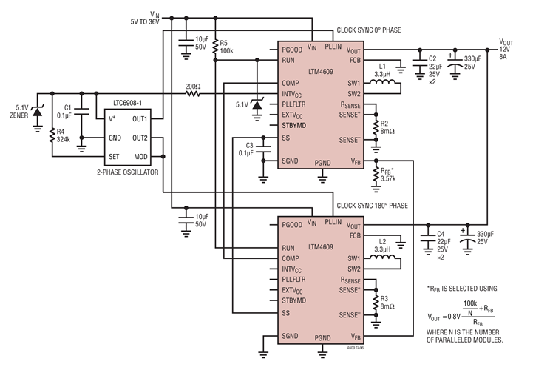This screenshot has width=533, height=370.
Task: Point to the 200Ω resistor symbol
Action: (x=194, y=94)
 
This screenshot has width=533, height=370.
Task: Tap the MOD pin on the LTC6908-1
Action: (x=141, y=156)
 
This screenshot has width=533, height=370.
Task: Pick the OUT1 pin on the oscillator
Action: (x=140, y=118)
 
